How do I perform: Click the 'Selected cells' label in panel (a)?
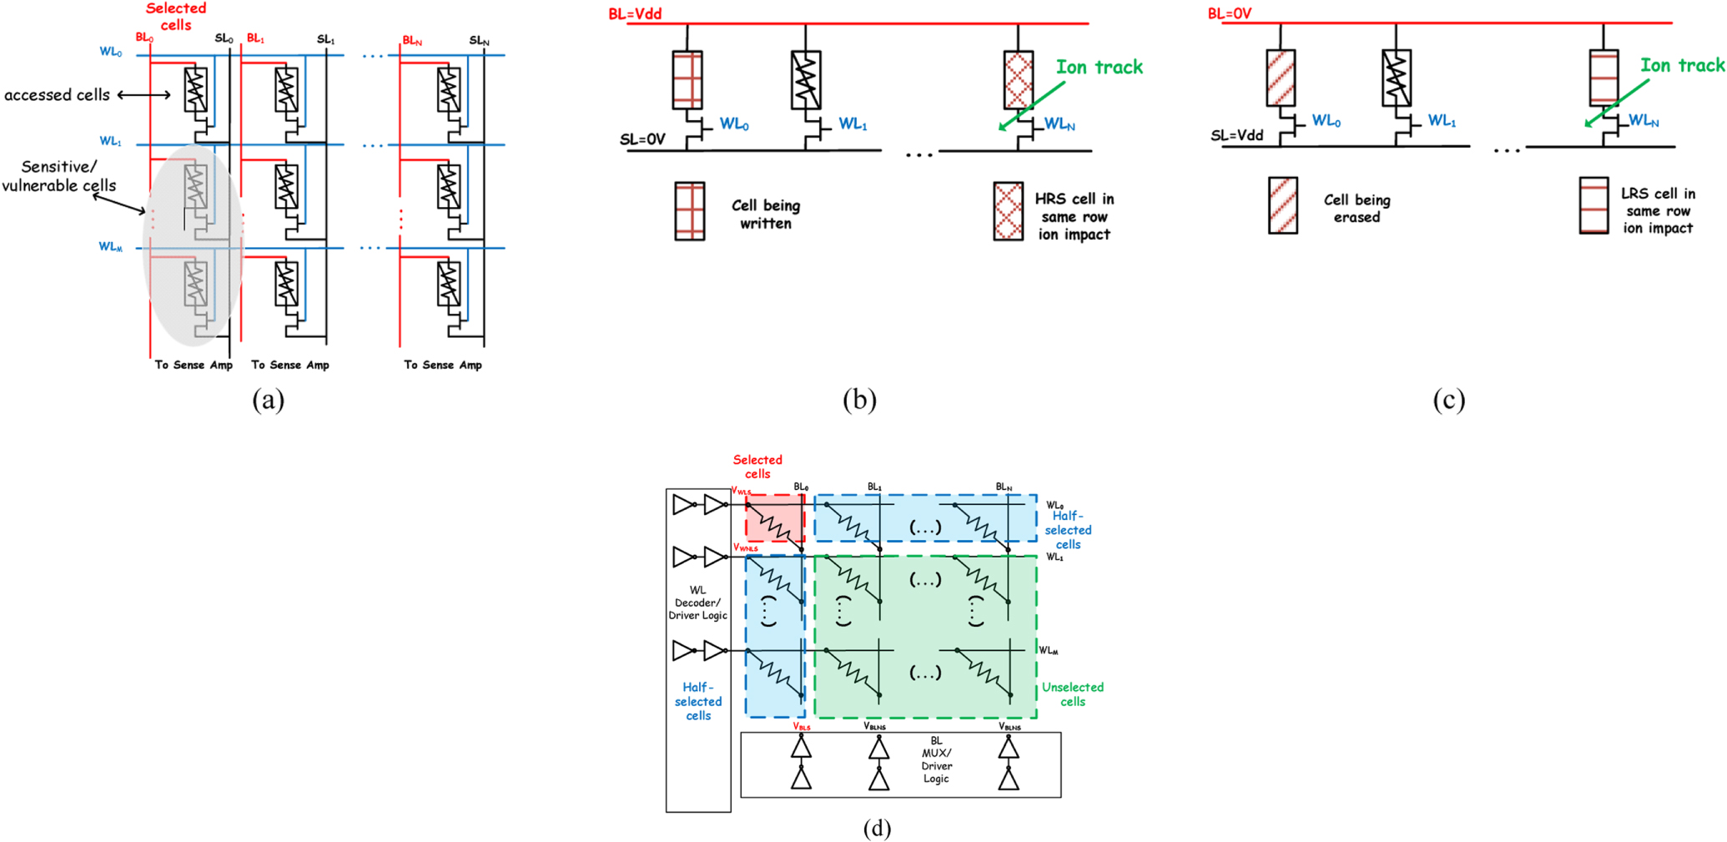click(175, 17)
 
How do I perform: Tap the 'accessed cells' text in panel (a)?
click(57, 95)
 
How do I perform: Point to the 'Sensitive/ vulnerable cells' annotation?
click(58, 176)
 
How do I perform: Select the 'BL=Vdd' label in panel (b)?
click(635, 13)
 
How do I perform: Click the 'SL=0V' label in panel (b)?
click(642, 139)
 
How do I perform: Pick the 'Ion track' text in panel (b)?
click(1099, 68)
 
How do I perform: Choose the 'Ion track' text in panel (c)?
click(1682, 65)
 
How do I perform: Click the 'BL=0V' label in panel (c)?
click(1229, 13)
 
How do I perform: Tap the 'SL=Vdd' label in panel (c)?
click(1237, 135)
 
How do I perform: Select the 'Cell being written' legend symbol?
click(689, 211)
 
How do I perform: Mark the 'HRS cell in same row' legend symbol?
click(1008, 211)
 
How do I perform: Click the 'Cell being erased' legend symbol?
click(1282, 205)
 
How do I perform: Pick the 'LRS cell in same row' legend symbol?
click(1594, 205)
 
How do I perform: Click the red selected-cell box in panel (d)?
click(774, 518)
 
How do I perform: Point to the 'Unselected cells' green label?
click(1072, 694)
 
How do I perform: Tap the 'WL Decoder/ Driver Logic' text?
click(697, 603)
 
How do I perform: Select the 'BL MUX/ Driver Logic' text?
click(936, 759)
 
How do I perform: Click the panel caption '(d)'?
click(876, 828)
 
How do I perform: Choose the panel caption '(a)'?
click(268, 400)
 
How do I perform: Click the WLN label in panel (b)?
click(1059, 124)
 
